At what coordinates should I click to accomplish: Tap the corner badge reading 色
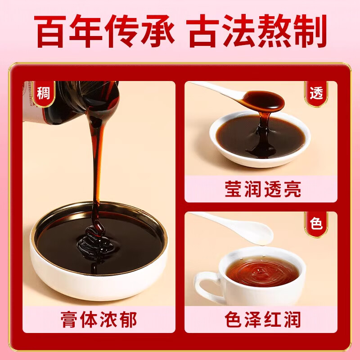[316, 224]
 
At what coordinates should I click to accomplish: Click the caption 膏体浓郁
[99, 320]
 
